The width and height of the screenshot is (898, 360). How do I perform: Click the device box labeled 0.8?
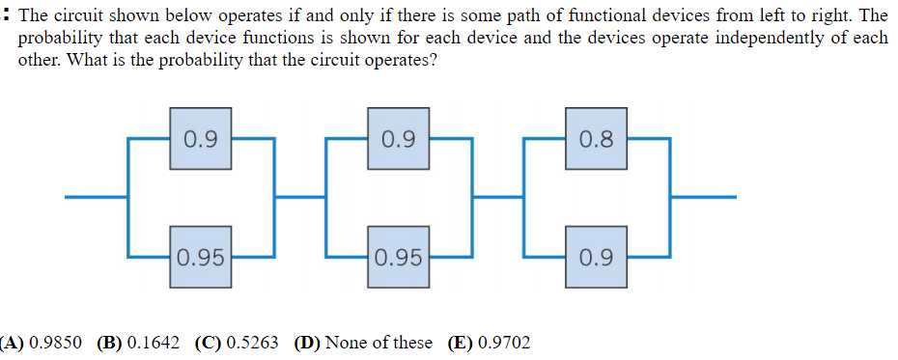[x=597, y=139]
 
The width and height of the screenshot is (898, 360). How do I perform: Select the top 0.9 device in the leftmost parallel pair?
[x=200, y=139]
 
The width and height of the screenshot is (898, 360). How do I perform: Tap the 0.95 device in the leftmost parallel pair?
[x=200, y=258]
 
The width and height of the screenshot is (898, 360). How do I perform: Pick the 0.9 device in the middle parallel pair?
[x=398, y=139]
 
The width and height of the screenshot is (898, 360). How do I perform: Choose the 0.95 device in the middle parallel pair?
[x=398, y=258]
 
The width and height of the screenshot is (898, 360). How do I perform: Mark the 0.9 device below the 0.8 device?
[x=597, y=258]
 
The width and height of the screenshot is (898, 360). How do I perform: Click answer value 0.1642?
[x=154, y=343]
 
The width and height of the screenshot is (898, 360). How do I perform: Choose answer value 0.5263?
[x=252, y=343]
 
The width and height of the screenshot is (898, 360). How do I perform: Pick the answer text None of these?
[x=378, y=343]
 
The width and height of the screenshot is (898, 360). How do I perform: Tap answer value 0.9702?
[x=503, y=343]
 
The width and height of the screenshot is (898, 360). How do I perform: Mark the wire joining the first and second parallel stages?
[x=300, y=198]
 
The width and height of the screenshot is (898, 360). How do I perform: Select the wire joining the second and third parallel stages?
[x=498, y=198]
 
